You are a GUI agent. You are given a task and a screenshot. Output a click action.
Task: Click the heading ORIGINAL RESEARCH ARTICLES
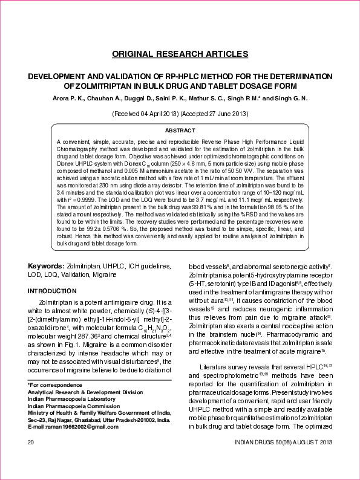click(x=180, y=54)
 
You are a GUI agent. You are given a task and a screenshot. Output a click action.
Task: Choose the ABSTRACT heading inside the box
click(x=180, y=131)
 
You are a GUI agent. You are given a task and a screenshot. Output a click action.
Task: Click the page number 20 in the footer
click(x=30, y=443)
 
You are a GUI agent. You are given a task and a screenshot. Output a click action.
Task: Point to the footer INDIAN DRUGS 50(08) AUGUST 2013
click(x=283, y=443)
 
